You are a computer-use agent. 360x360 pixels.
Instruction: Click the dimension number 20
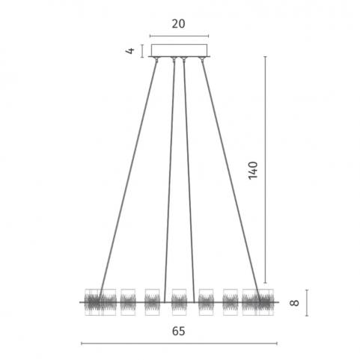click(x=178, y=24)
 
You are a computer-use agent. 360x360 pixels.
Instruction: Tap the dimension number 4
click(x=130, y=51)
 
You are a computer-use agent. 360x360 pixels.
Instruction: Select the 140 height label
click(x=253, y=170)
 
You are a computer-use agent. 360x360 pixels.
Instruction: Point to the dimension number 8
click(x=294, y=302)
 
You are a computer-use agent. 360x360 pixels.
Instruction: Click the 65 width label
click(x=178, y=332)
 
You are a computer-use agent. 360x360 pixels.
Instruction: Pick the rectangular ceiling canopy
click(x=179, y=50)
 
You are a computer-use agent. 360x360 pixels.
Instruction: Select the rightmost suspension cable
click(x=231, y=180)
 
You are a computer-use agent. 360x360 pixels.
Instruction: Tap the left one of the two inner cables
click(x=169, y=181)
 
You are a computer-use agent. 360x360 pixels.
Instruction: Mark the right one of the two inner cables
click(x=189, y=181)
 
